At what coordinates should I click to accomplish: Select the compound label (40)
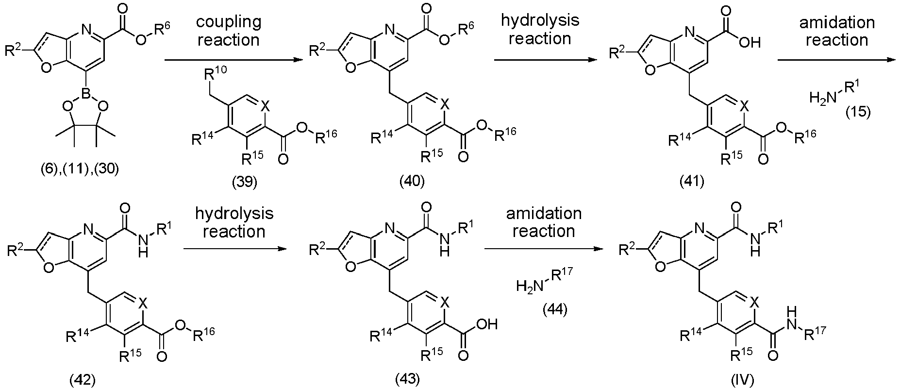[412, 182]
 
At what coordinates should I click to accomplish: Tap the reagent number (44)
[555, 309]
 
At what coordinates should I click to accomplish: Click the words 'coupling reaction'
[228, 30]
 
